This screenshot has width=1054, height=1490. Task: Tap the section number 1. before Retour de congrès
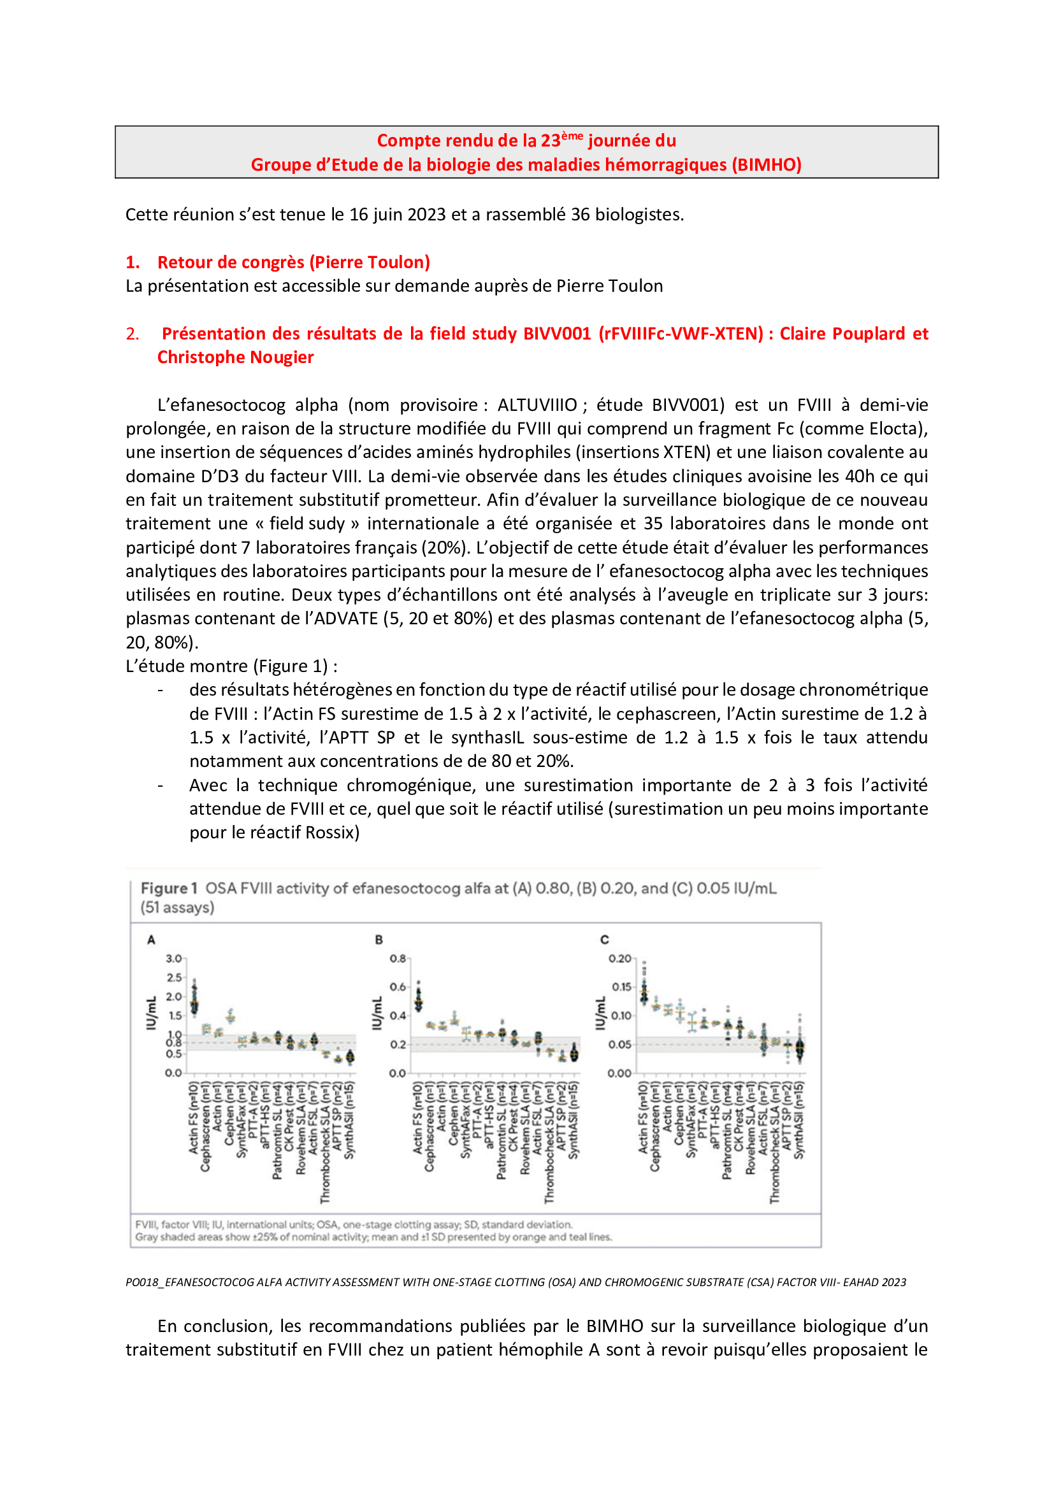[133, 262]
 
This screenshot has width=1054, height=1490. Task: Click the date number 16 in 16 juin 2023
[359, 215]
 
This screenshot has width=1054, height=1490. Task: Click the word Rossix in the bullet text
[329, 833]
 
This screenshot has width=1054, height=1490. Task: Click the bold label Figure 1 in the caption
[169, 889]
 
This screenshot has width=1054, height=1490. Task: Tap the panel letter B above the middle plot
[379, 940]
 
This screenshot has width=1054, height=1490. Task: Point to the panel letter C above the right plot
[604, 940]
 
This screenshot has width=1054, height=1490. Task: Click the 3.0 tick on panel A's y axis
[173, 959]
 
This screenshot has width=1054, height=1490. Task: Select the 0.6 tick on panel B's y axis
[397, 987]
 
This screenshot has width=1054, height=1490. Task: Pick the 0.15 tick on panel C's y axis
[621, 987]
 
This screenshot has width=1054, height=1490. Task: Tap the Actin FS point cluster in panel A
[194, 1001]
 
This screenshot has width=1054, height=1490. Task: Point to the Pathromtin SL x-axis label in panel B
[501, 1131]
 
